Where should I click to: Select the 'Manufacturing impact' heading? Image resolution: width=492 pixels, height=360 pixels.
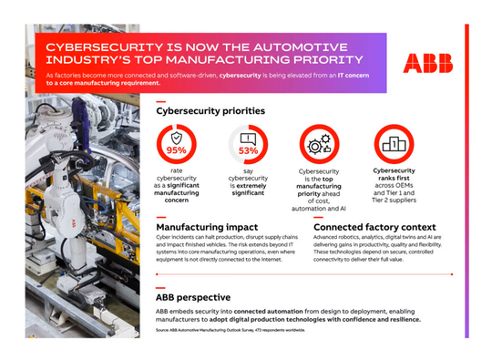[207, 225]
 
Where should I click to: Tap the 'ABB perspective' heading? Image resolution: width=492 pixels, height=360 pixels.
[193, 297]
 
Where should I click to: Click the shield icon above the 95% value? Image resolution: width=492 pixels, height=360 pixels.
[177, 138]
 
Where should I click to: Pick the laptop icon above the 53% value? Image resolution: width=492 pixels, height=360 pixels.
[248, 138]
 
